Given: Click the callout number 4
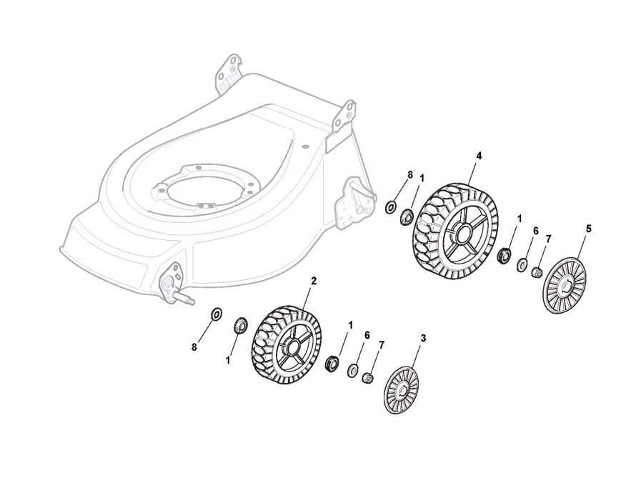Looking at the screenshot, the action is [x=479, y=155].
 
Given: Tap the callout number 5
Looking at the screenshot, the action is [x=589, y=229].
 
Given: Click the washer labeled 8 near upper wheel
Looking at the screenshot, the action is [x=391, y=208].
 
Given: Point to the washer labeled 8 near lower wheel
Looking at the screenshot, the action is [x=216, y=314].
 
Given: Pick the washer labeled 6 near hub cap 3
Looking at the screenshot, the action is [x=353, y=370].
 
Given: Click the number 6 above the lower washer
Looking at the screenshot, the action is [x=367, y=335].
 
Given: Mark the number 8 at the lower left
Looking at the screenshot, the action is [x=194, y=347].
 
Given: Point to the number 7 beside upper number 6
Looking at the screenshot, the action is [x=549, y=238].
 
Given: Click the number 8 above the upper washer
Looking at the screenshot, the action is [x=410, y=174].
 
